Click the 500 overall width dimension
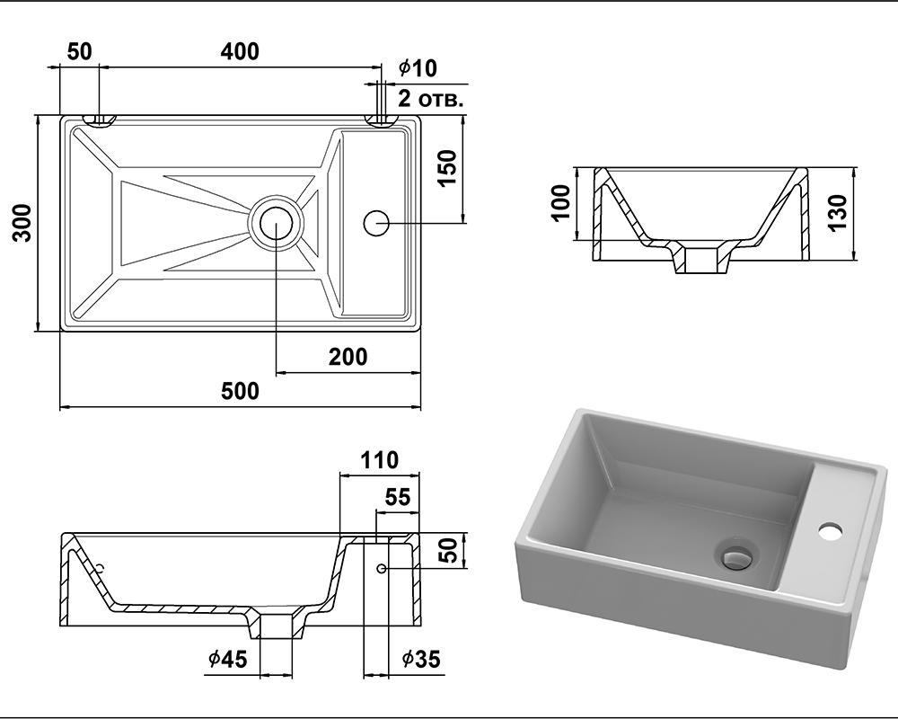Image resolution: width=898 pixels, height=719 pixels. pyautogui.click(x=240, y=391)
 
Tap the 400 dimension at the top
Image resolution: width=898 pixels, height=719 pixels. pyautogui.click(x=240, y=51)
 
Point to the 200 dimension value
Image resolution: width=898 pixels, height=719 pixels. pyautogui.click(x=348, y=357)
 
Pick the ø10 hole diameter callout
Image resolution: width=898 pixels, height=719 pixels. pyautogui.click(x=418, y=67)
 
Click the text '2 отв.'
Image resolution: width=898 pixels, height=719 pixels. pyautogui.click(x=430, y=98)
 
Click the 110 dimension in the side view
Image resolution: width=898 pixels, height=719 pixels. pyautogui.click(x=379, y=461)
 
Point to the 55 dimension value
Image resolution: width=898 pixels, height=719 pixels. pyautogui.click(x=397, y=496)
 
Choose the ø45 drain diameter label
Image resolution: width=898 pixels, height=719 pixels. pyautogui.click(x=227, y=660)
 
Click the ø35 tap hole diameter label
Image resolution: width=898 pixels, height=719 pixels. pyautogui.click(x=421, y=660)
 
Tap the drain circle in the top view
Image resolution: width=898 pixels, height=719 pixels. pyautogui.click(x=276, y=221)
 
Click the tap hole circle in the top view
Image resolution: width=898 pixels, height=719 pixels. pyautogui.click(x=375, y=221)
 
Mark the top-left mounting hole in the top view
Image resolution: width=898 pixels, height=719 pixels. pyautogui.click(x=99, y=120)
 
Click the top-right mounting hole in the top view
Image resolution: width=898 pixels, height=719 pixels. pyautogui.click(x=382, y=120)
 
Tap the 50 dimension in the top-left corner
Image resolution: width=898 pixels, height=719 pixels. pyautogui.click(x=79, y=51)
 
